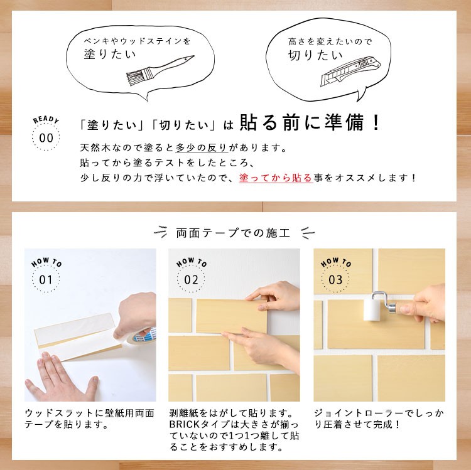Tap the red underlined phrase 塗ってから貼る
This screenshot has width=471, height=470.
(276, 178)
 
